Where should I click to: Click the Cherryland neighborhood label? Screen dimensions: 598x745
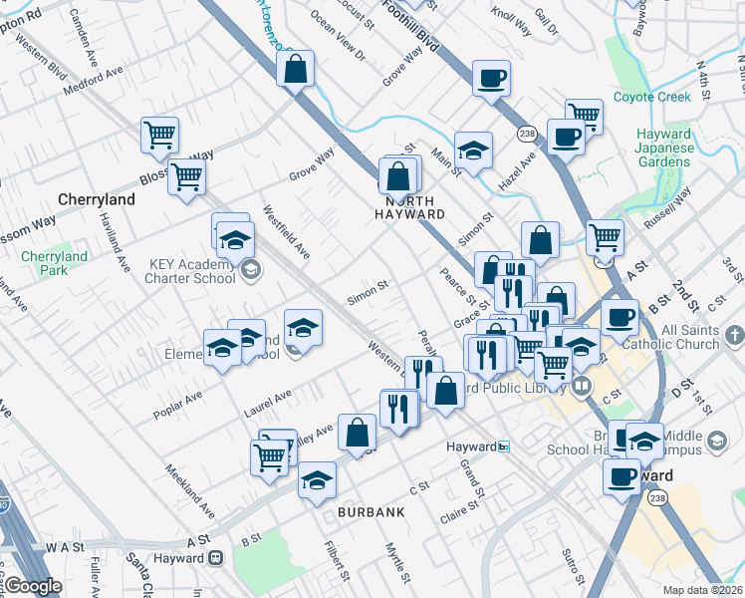[97, 199]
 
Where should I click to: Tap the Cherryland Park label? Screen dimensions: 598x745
[54, 263]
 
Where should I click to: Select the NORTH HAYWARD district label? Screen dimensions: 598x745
[409, 213]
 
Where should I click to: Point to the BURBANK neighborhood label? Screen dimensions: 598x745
[371, 511]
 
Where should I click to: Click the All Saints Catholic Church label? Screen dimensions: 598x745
[689, 337]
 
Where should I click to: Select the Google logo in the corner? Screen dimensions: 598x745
[33, 586]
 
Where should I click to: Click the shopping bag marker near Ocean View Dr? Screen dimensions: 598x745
[296, 70]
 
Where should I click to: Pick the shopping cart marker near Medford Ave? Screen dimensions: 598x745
[159, 135]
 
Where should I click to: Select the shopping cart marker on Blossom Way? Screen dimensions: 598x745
[186, 178]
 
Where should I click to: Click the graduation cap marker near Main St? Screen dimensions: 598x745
[474, 149]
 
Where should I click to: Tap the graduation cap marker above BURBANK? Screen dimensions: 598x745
[317, 479]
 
